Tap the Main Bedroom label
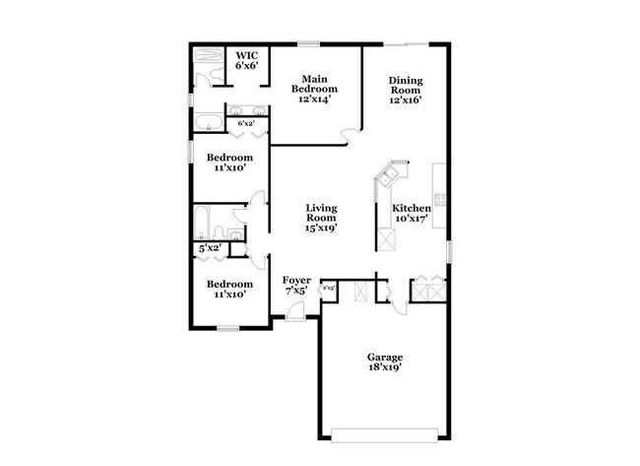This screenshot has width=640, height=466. coord(315,79)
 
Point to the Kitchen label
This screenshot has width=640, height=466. coord(411,209)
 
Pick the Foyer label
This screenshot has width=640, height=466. coord(296,280)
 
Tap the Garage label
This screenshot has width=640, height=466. coord(385,357)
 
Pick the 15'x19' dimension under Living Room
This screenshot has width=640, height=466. coord(322,227)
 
